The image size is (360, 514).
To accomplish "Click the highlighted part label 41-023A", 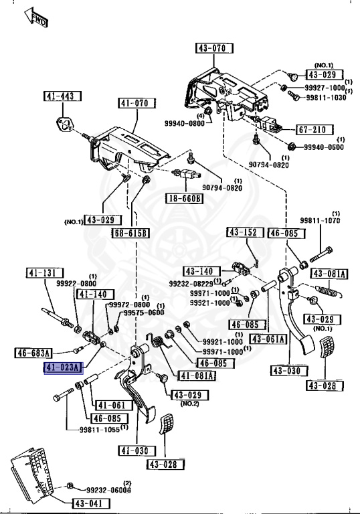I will click(63, 367).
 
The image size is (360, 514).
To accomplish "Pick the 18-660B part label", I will click(185, 199).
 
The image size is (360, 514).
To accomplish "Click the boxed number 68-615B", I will click(130, 232).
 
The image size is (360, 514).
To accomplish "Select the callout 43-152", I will click(242, 232).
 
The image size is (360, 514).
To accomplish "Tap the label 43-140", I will click(199, 271).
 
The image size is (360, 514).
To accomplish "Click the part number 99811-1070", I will click(320, 220).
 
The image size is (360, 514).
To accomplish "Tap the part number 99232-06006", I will click(108, 490).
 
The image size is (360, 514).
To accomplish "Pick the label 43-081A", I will click(331, 274).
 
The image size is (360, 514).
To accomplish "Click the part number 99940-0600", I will click(324, 147).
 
